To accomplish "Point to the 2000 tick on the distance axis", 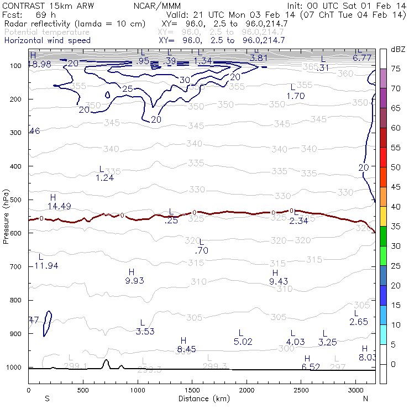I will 245,390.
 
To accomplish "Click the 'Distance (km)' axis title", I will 201,398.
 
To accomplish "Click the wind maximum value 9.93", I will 135,281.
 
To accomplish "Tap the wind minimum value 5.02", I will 243,342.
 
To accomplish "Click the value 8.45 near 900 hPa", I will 186,349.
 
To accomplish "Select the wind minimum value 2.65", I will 358,322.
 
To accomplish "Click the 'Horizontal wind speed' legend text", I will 47,41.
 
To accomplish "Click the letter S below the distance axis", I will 47,398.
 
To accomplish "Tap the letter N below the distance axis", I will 365,398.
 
